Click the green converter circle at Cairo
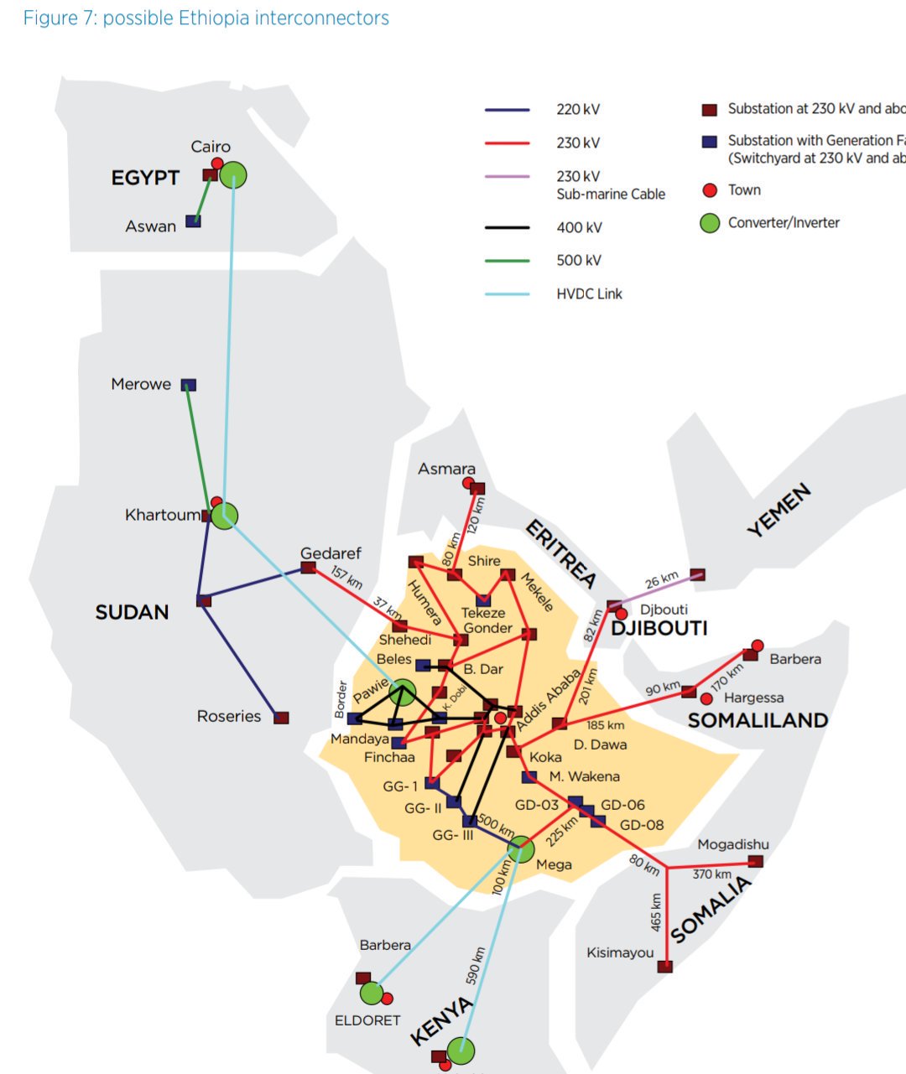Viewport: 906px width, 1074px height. coord(233,175)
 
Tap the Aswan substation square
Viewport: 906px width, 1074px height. coord(193,221)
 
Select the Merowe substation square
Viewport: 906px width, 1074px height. coord(189,385)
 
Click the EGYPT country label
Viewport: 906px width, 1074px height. coord(145,178)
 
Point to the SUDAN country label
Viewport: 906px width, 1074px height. coord(132,612)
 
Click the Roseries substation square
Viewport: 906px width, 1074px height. coord(282,718)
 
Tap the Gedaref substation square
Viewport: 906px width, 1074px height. coord(308,568)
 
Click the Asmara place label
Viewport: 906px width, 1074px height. coord(446,469)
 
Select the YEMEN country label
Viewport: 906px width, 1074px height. coord(779,510)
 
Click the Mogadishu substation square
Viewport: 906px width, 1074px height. coord(755,861)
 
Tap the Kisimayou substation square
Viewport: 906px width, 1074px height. coord(665,966)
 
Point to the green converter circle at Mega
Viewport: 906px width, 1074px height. coord(521,849)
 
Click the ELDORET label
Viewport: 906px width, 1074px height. coord(367,1020)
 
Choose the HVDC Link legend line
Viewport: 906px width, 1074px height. coord(508,294)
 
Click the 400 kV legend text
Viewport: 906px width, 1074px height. coord(579,227)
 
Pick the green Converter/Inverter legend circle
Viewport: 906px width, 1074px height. coord(710,223)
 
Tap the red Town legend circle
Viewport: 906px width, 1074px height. coord(710,190)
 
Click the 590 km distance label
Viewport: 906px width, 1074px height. coord(475,965)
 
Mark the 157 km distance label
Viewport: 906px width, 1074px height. coord(346,578)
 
